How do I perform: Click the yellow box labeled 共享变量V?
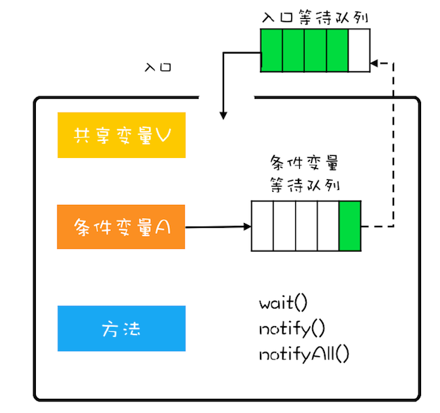pos(121,135)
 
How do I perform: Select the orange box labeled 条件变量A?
pos(121,227)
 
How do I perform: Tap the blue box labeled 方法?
pos(121,329)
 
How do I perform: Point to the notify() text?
pos(292,329)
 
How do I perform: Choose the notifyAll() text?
pos(304,354)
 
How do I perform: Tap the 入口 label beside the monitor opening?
pos(158,68)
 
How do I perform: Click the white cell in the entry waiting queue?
pos(359,50)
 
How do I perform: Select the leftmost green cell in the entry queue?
pos(272,50)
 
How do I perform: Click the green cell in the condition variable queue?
pos(350,224)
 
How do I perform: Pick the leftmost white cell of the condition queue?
pos(263,224)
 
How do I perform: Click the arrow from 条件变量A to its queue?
pos(217,226)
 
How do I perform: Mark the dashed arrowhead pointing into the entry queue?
pos(374,64)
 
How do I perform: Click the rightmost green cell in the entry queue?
pos(337,50)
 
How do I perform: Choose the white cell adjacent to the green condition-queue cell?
pos(328,224)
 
